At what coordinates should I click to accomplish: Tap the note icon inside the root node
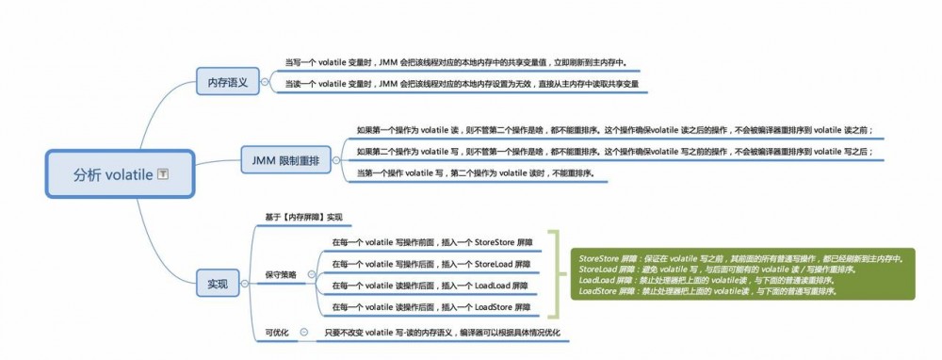pyautogui.click(x=162, y=174)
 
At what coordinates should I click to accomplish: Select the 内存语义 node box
pyautogui.click(x=227, y=82)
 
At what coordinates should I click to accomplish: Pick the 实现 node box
pyautogui.click(x=217, y=283)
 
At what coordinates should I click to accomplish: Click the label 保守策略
pyautogui.click(x=281, y=274)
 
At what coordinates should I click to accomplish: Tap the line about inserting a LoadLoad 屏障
pyautogui.click(x=430, y=286)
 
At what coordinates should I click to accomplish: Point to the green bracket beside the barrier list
pyautogui.click(x=557, y=274)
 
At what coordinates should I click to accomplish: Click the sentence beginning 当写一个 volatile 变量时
pyautogui.click(x=455, y=63)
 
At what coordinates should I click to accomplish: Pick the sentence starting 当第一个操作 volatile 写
pyautogui.click(x=475, y=173)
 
